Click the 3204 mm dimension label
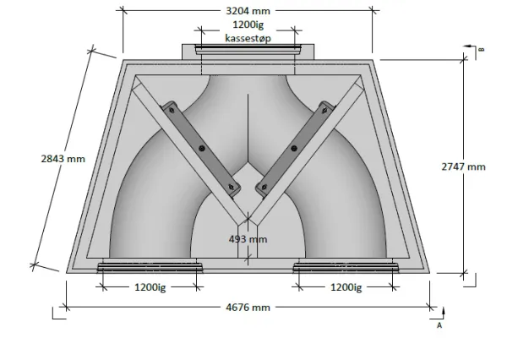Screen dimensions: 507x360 point(248,11)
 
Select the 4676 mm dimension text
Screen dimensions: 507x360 point(248,307)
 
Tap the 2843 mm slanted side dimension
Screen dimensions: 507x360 point(63,159)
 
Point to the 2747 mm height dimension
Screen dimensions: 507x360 point(463,166)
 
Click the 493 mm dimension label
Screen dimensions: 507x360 point(248,239)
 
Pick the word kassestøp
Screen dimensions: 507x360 point(248,39)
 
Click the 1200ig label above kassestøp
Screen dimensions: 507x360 point(248,25)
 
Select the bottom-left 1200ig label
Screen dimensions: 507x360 point(150,287)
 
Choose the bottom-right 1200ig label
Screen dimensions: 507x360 point(346,287)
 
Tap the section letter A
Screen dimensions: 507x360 point(439,325)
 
